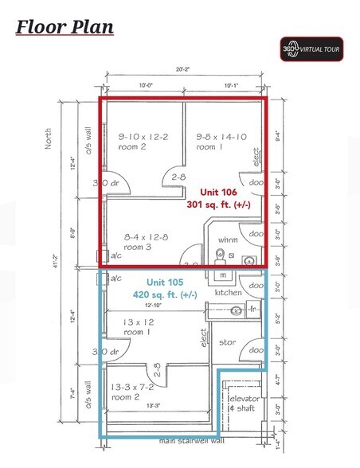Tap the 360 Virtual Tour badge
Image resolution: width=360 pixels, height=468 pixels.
[x=311, y=48]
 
